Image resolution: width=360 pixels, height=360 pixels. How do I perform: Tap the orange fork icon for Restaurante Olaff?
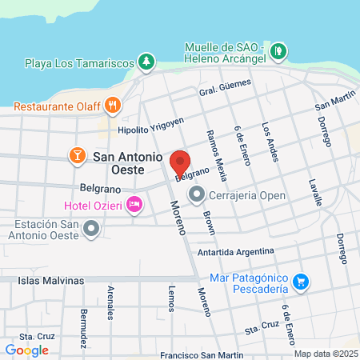pyautogui.click(x=113, y=103)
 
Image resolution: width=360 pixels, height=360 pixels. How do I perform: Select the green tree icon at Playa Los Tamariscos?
pyautogui.click(x=146, y=61)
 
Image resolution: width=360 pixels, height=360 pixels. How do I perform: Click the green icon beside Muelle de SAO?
pyautogui.click(x=278, y=51)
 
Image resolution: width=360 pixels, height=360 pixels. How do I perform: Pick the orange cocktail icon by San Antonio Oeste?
pyautogui.click(x=78, y=154)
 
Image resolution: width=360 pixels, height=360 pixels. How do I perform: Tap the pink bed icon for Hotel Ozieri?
pyautogui.click(x=134, y=206)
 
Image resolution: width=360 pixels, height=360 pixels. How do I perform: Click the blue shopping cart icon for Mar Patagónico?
pyautogui.click(x=301, y=281)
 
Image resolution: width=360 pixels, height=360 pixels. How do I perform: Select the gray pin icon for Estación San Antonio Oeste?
pyautogui.click(x=91, y=230)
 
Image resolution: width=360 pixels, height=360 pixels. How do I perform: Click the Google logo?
pyautogui.click(x=27, y=350)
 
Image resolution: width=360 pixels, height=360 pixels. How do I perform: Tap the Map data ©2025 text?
pyautogui.click(x=324, y=353)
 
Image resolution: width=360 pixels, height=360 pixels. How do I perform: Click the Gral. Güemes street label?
pyautogui.click(x=219, y=94)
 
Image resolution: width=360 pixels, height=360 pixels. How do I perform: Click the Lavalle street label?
pyautogui.click(x=314, y=193)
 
